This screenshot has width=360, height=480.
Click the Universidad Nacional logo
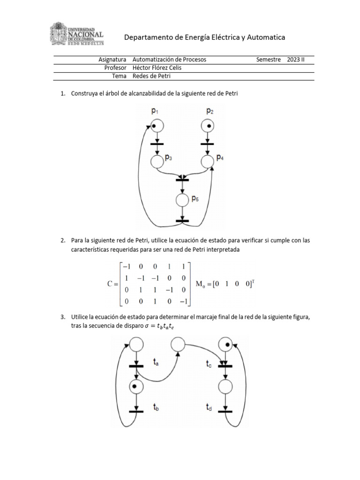click(x=77, y=34)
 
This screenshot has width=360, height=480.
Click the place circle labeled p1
click(x=157, y=126)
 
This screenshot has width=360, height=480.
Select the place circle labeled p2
click(x=207, y=126)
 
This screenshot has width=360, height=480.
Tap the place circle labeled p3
click(x=157, y=162)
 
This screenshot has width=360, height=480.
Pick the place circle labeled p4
click(x=207, y=162)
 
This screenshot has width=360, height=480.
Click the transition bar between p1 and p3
click(x=157, y=143)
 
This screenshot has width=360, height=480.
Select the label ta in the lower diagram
click(x=156, y=362)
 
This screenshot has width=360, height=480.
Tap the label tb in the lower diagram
click(x=156, y=408)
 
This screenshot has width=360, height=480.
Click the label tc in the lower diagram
click(x=210, y=362)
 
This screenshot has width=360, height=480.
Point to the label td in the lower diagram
click(x=210, y=408)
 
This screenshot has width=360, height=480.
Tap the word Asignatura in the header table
click(x=113, y=60)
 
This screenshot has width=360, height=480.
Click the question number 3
click(x=63, y=317)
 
